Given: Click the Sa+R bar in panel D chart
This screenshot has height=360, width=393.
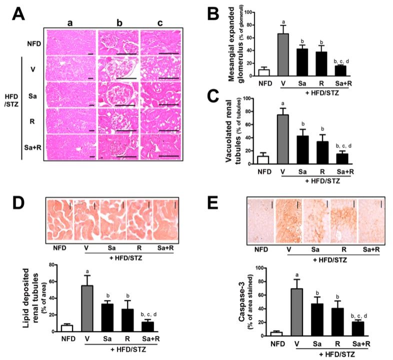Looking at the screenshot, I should [146, 326].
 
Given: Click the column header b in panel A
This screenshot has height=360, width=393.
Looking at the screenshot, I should [118, 22].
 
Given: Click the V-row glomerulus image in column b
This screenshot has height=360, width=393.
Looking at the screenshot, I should [118, 68].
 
